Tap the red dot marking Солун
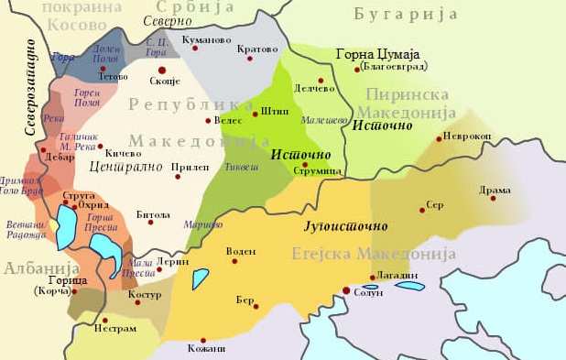pos(345,290)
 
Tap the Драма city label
pos(494,190)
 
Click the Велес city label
pos(228,120)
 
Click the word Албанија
pos(34,267)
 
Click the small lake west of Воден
pos(201,278)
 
